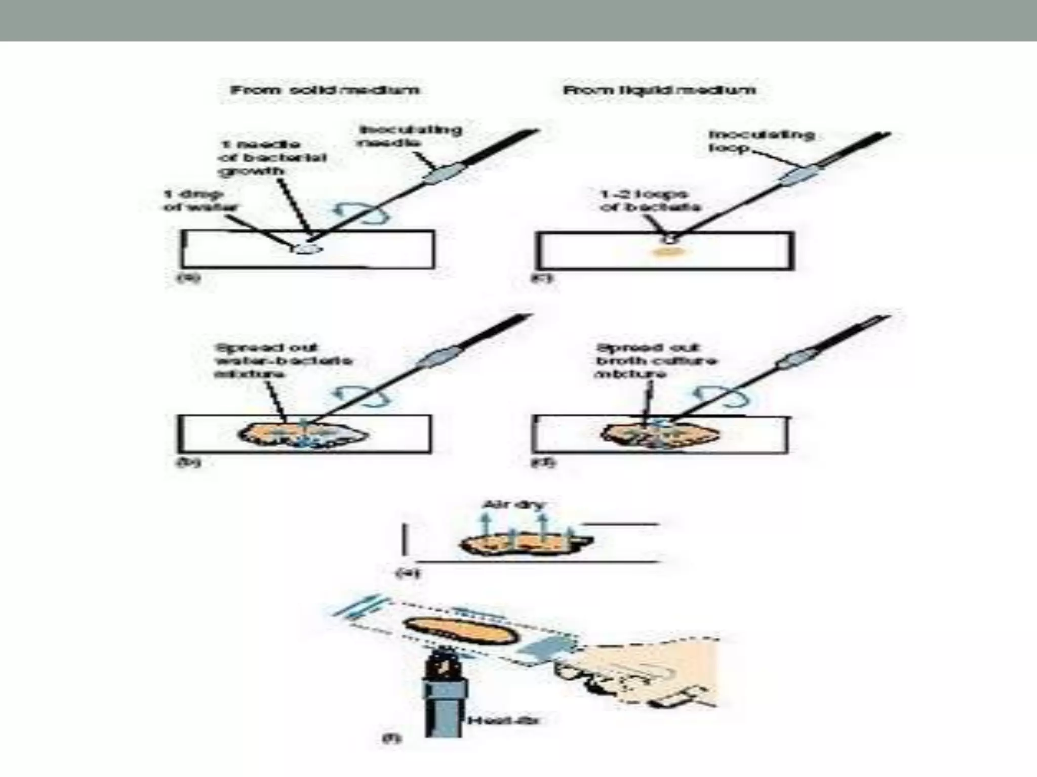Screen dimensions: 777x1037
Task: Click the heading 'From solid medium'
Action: [325, 91]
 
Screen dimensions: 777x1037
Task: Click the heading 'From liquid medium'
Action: [659, 91]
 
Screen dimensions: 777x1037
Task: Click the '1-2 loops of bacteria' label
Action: [650, 201]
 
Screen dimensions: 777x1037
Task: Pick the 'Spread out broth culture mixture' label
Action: [656, 361]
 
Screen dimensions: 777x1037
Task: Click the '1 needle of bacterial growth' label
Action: [272, 158]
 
